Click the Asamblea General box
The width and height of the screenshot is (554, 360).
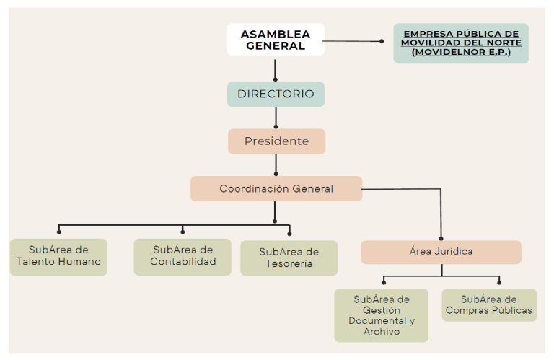pos(275,40)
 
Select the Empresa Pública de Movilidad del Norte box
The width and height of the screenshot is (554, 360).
pos(460,43)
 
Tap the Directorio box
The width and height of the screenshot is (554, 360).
pos(276,94)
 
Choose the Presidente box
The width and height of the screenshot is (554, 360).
pos(276,141)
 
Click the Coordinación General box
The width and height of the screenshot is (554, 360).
pos(276,189)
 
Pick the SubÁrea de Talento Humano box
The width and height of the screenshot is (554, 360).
pos(58,256)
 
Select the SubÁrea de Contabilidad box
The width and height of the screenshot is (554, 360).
pos(183,256)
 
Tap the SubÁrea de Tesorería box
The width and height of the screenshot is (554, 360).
pos(289,258)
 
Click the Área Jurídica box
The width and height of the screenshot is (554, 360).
pos(441,252)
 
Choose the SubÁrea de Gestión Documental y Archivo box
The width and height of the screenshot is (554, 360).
pos(381,315)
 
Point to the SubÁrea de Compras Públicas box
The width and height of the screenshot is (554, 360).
pos(489,305)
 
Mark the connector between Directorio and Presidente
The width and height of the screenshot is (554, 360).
pos(276,117)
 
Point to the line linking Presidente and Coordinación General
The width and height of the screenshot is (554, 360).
pos(276,164)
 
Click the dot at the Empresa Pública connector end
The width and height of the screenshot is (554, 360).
pos(382,41)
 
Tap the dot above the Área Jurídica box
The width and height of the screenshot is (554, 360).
pos(441,236)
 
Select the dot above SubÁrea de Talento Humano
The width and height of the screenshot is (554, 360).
pos(58,233)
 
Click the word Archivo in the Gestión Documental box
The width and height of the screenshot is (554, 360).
pos(382,332)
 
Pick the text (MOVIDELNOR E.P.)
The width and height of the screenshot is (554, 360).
pos(461,52)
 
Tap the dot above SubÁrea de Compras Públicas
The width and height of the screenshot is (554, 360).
pos(498,283)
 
